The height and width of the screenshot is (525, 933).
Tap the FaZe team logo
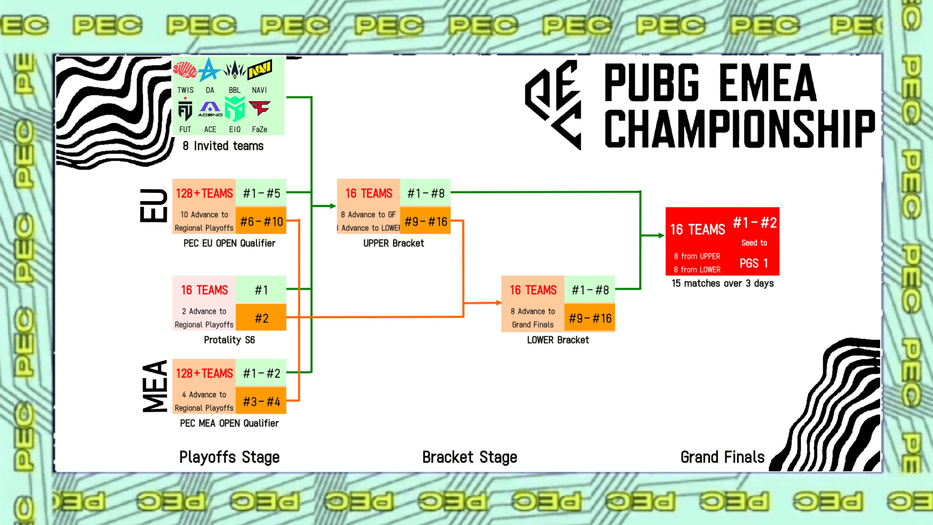(259, 108)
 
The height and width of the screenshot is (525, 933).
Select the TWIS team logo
(185, 70)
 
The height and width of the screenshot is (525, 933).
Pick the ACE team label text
(210, 129)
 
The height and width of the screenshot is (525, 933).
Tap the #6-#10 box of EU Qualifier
(261, 221)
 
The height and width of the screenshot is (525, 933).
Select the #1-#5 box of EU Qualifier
(261, 193)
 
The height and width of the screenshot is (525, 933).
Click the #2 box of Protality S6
(261, 318)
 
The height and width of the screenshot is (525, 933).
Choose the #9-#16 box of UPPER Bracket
(426, 221)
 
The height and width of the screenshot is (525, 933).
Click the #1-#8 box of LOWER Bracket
(590, 290)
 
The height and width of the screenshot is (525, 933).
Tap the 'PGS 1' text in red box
(754, 263)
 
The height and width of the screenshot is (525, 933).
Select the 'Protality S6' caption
(229, 340)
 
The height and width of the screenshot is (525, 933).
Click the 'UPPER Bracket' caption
(393, 243)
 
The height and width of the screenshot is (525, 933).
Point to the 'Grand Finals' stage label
(722, 457)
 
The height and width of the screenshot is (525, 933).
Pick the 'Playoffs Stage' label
(229, 457)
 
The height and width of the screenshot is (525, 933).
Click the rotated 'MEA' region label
(155, 386)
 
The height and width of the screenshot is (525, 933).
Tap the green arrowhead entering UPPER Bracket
(333, 206)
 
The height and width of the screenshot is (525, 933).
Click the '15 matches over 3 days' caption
(723, 283)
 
